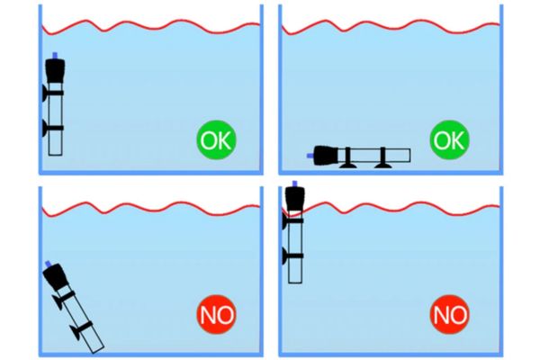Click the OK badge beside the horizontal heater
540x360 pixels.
pyautogui.click(x=449, y=139)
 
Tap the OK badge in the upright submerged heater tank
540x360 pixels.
pyautogui.click(x=216, y=139)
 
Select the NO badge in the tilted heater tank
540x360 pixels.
pyautogui.click(x=216, y=314)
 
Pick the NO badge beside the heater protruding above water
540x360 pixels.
pyautogui.click(x=449, y=314)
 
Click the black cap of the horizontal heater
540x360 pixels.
pyautogui.click(x=327, y=155)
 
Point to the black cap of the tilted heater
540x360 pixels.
pyautogui.click(x=55, y=276)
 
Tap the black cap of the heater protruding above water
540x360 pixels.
pyautogui.click(x=295, y=198)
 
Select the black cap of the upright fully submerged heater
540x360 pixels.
pyautogui.click(x=55, y=70)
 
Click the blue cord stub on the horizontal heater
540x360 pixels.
pyautogui.click(x=310, y=156)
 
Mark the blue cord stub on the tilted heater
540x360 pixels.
pyautogui.click(x=49, y=264)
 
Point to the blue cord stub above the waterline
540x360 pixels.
pyautogui.click(x=295, y=184)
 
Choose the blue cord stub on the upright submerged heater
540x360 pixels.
pyautogui.click(x=55, y=56)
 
